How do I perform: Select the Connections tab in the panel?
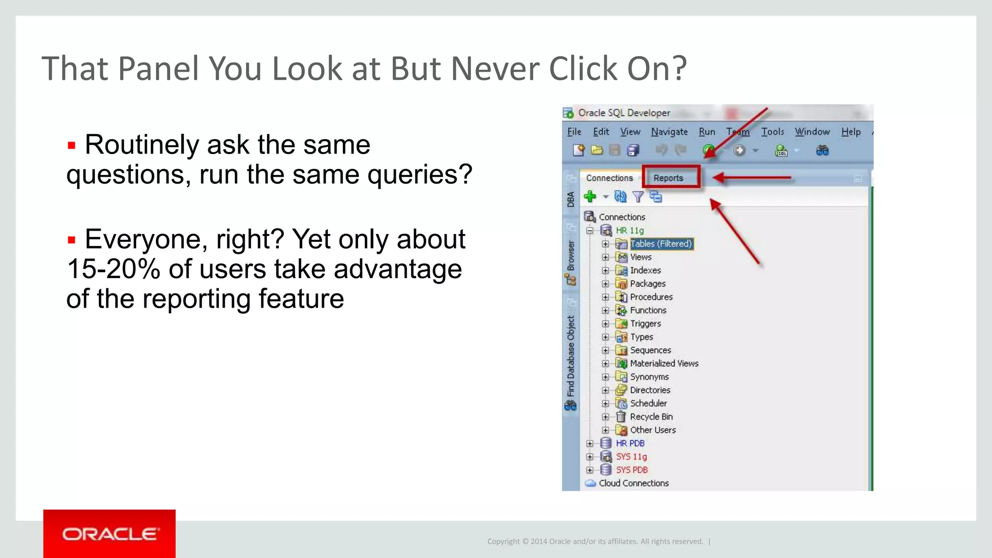tap(609, 178)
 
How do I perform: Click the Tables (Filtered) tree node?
tap(661, 244)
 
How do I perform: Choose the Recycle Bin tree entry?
tap(651, 417)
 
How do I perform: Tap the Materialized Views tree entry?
tap(664, 363)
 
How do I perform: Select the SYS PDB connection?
tap(632, 470)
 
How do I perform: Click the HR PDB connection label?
tap(630, 443)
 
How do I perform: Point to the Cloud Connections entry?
tap(633, 483)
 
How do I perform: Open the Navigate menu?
tap(669, 132)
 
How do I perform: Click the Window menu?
tap(812, 132)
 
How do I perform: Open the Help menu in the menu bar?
tap(851, 132)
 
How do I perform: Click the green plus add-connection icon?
tap(590, 196)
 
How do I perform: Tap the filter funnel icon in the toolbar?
tap(638, 197)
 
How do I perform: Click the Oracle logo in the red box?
tap(109, 534)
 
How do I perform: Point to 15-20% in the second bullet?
tap(113, 269)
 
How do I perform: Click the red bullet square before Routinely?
tap(72, 145)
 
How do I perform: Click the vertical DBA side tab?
tap(571, 199)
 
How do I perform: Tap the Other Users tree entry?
tap(652, 430)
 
